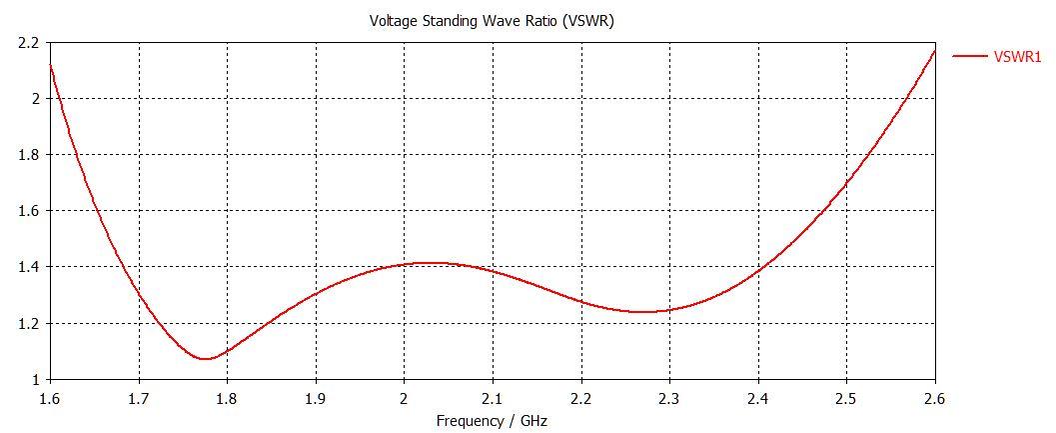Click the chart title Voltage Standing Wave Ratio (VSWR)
point(492,21)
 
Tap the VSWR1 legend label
point(1017,57)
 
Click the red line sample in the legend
point(969,57)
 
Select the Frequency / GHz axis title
point(492,421)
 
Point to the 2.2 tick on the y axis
point(27,43)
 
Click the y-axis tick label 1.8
point(27,155)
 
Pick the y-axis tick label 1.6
point(27,211)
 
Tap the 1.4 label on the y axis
point(27,267)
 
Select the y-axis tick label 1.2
point(27,323)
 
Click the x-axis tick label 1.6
point(50,398)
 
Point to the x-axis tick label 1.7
point(138,398)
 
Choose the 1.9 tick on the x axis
point(316,398)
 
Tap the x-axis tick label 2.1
point(493,398)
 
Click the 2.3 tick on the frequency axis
point(669,398)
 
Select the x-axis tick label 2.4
point(758,398)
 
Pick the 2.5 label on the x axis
point(846,398)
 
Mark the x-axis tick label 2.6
point(935,398)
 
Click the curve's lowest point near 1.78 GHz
point(206,358)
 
